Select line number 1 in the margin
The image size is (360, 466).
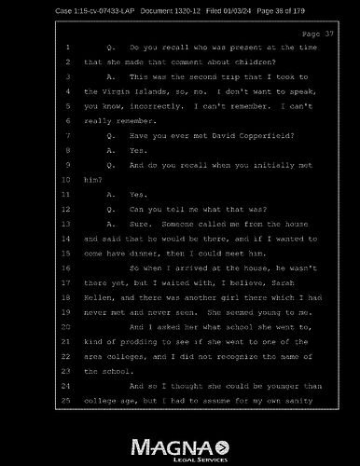(68, 46)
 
